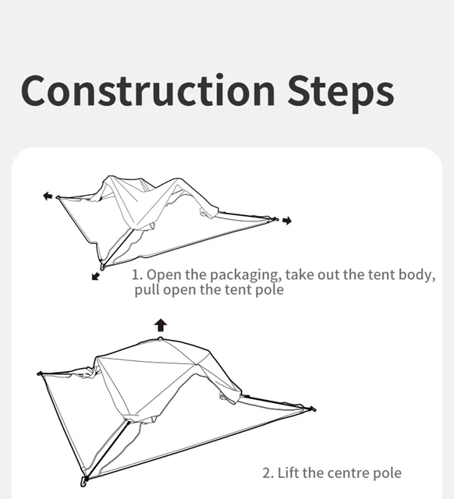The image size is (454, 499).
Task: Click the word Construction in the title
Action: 148,90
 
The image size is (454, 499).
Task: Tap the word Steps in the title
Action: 341,93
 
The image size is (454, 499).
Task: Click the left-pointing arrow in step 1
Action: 48,196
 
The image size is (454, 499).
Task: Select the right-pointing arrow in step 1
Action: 287,220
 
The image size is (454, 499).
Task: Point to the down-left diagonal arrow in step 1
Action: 95,276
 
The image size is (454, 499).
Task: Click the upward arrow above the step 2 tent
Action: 161,325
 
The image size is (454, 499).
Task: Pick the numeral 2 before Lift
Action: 268,473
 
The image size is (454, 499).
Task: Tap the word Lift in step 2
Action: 289,472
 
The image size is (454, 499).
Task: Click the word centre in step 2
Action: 345,473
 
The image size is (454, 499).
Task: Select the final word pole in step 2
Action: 387,473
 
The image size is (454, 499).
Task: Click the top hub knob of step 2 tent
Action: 161,338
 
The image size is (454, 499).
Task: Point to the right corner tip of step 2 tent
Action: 313,409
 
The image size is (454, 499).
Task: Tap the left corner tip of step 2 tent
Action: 40,373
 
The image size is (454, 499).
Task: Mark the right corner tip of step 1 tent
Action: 275,219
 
